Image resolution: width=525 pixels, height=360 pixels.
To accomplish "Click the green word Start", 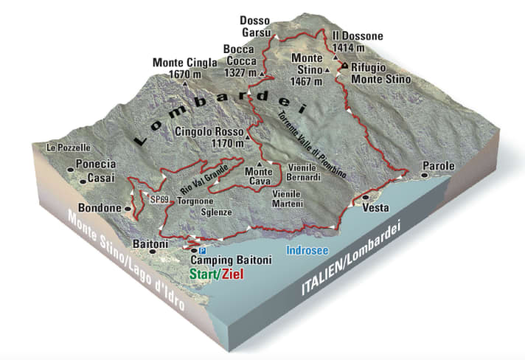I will (204, 274).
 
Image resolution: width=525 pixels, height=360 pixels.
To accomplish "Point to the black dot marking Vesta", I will (366, 198).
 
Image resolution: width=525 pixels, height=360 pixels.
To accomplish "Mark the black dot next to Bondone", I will (128, 209).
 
